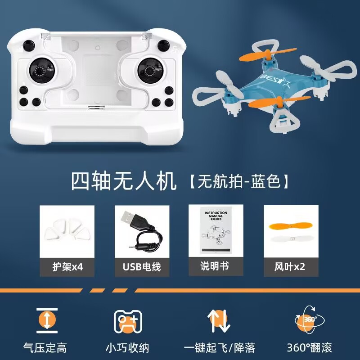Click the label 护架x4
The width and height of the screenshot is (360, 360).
coord(67,266)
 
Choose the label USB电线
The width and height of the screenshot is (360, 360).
coord(142,266)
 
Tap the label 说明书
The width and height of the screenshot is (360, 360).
coord(215,266)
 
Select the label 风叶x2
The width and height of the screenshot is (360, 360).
coord(290,266)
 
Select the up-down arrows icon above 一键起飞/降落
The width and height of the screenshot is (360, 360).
coord(219,320)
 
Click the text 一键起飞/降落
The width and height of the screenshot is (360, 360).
coord(220,348)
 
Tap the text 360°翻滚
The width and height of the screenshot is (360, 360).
coord(309,348)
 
